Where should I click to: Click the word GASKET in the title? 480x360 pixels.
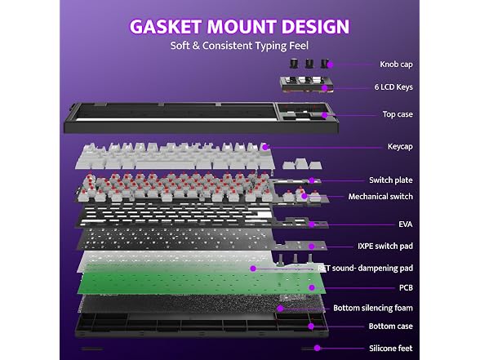(165, 26)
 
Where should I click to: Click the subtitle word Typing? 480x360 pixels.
(271, 46)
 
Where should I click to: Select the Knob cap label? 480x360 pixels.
(396, 64)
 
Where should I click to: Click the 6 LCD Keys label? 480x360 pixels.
(393, 87)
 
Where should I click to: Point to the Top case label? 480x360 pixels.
(398, 114)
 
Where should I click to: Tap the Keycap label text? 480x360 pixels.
(400, 146)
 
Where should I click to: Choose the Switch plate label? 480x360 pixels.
(390, 180)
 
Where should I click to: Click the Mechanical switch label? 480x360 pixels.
(380, 196)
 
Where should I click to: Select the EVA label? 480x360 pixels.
(405, 224)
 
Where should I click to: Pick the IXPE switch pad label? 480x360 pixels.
(385, 247)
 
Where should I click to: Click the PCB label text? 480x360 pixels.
(406, 287)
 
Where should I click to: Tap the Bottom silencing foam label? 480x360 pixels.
(373, 308)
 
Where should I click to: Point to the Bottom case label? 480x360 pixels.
(390, 327)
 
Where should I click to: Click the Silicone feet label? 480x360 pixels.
(390, 349)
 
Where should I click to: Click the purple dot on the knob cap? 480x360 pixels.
(330, 64)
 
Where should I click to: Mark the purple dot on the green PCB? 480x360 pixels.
(312, 287)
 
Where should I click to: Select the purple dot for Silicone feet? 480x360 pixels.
(318, 348)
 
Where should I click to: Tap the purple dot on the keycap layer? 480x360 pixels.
(266, 147)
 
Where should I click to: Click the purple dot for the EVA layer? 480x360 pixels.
(312, 224)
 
